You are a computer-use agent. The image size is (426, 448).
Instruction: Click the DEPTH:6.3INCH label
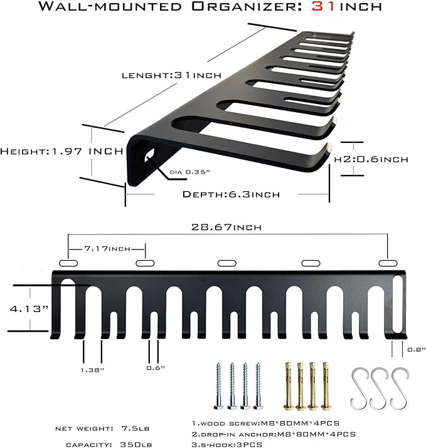point(231,194)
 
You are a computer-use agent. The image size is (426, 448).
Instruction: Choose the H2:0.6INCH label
point(371,159)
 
